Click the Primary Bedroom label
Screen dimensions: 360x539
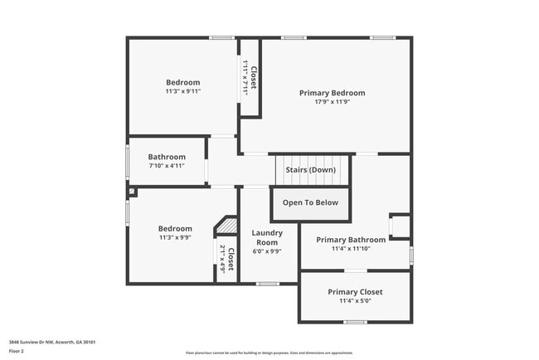(332, 93)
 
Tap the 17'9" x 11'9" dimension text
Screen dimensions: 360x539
(332, 103)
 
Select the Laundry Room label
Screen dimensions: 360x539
(267, 238)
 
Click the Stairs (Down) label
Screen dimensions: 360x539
(311, 170)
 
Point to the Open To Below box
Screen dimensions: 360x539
(310, 202)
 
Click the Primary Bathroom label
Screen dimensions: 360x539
(351, 240)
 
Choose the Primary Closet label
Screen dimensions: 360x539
(355, 292)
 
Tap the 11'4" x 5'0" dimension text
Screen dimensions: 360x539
(355, 301)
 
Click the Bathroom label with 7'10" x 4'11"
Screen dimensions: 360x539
(166, 157)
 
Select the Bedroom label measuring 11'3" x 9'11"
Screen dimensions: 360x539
(182, 82)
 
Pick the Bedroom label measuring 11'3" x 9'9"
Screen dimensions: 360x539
(175, 229)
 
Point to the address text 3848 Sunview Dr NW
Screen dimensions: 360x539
(51, 342)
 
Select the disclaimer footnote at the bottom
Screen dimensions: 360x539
(269, 353)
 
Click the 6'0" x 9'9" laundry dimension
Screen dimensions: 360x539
(267, 251)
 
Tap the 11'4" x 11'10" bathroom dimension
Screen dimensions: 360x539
(351, 248)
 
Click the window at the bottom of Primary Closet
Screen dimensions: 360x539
(355, 322)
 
